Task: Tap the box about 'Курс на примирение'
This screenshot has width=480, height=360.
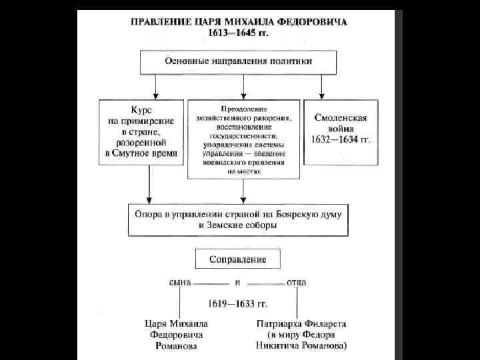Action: (141, 132)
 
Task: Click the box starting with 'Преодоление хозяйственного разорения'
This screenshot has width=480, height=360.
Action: (243, 139)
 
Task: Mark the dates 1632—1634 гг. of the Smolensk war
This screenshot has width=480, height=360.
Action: (341, 141)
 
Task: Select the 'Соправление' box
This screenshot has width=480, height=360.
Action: (238, 259)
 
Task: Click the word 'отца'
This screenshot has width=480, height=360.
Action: (296, 282)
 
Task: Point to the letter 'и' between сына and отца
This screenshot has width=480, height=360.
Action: (237, 282)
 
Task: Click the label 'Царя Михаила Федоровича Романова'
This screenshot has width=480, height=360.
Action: (174, 334)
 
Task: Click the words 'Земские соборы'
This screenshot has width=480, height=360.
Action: (239, 226)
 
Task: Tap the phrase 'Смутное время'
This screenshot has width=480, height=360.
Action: (153, 153)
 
